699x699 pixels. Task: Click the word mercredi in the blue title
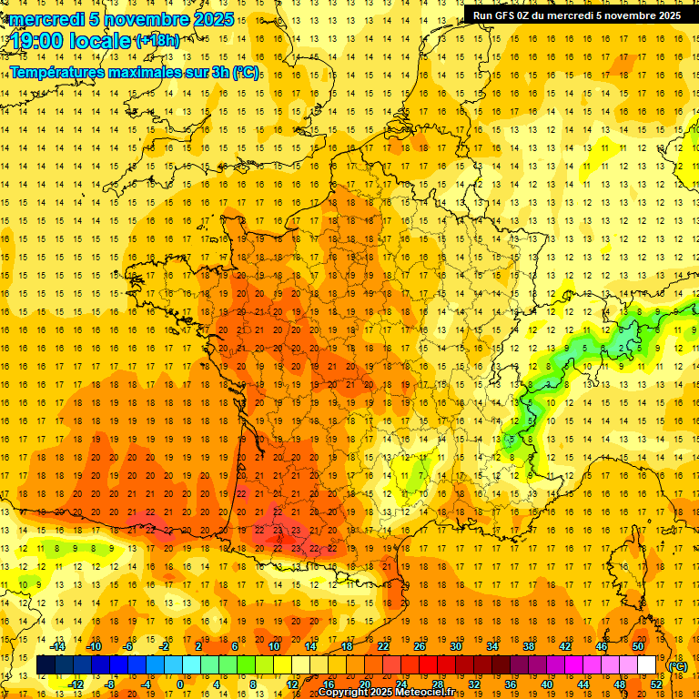click(x=49, y=19)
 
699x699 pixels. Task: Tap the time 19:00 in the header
click(x=40, y=40)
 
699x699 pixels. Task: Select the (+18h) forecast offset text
click(x=157, y=40)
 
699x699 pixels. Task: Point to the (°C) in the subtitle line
click(x=245, y=72)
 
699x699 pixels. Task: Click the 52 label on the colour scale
click(x=656, y=684)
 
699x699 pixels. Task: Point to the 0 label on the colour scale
click(x=180, y=684)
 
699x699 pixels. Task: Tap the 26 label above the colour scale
click(x=420, y=645)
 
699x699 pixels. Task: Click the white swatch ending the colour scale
click(x=647, y=665)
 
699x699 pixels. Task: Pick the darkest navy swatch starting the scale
click(x=46, y=665)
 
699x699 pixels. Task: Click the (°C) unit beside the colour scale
click(x=677, y=665)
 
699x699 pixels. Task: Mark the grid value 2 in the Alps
click(x=620, y=348)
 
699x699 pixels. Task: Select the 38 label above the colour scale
click(x=529, y=645)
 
